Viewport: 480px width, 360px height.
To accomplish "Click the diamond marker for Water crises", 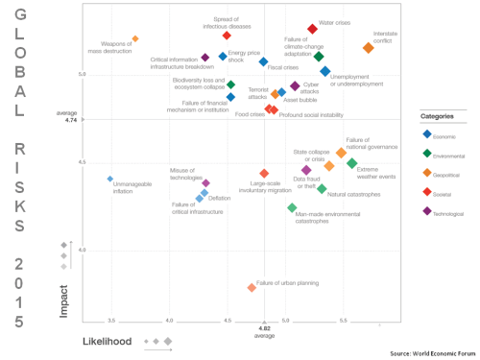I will point(312,30).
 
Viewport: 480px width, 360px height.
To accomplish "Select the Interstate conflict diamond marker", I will point(369,47).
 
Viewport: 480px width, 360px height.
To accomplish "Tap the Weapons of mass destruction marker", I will point(135,38).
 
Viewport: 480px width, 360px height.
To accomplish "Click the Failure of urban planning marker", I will point(252,287).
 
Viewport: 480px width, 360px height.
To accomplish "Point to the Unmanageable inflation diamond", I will point(110,179).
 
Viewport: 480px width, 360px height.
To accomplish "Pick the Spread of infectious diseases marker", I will point(227,36).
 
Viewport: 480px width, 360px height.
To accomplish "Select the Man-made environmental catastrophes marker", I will point(292,207).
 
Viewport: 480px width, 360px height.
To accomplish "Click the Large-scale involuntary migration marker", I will point(264,173).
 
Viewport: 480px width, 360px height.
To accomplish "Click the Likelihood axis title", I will point(107,341).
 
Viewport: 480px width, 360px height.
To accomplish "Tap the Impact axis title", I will point(63,300).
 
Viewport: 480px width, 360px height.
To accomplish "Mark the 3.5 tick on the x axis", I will point(111,320).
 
